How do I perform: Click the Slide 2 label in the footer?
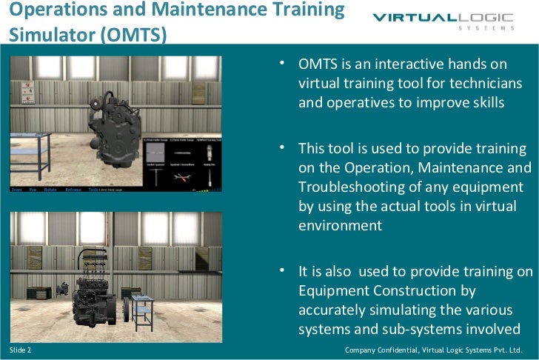coord(20,349)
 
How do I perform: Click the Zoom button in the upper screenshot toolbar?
coord(18,190)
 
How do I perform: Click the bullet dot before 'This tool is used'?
coord(282,147)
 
